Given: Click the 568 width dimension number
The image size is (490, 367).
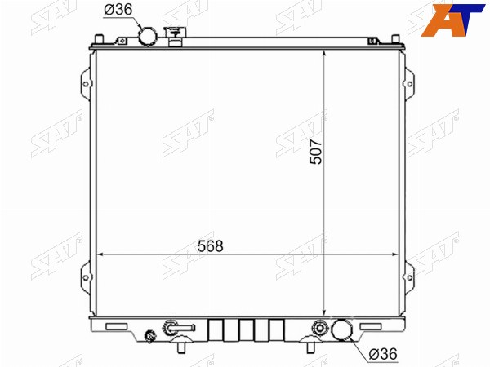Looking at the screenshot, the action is coord(211,246).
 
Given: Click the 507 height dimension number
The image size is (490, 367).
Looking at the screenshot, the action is coord(315,152).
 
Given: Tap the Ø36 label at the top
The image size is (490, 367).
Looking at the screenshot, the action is coord(118,10).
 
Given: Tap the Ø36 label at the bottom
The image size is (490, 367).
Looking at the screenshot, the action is coord(383,354).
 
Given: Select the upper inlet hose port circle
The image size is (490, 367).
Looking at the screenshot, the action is coord(148,37).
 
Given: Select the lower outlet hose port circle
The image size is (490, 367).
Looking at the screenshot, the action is coord(341,329).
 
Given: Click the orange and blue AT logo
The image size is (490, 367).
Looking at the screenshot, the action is coord(452,20).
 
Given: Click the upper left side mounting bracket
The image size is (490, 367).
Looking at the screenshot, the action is coord(87,84).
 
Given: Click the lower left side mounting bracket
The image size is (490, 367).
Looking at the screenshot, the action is coord(87,277).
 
